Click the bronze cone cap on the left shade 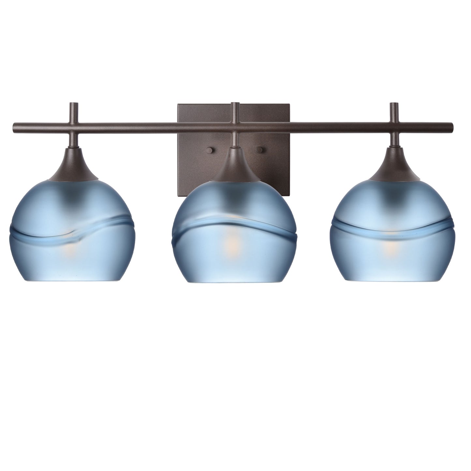pos(73,166)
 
